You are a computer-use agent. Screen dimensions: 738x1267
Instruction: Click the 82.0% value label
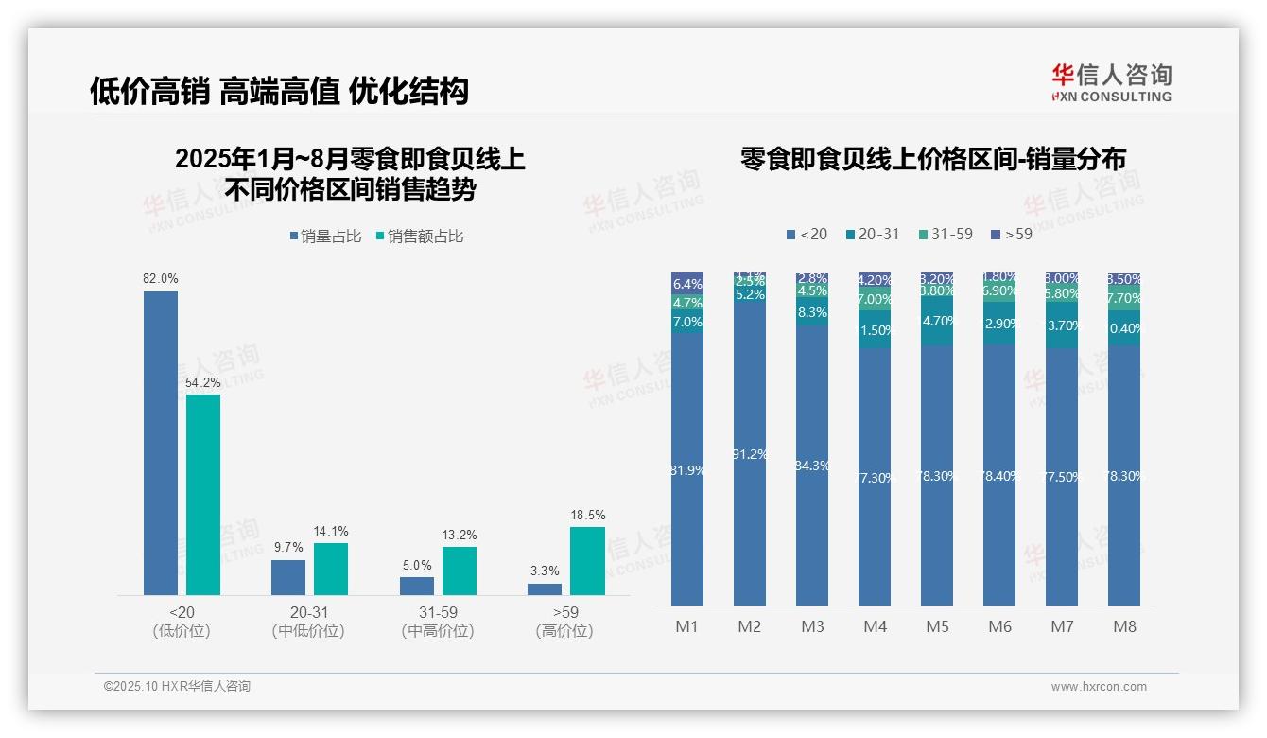(160, 279)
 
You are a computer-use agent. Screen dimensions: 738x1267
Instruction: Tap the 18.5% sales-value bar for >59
(586, 560)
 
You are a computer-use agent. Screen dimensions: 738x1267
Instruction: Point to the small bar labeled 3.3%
(544, 589)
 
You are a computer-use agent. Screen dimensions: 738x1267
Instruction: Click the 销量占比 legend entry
(325, 237)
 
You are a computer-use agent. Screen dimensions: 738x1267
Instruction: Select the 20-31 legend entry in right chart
(873, 234)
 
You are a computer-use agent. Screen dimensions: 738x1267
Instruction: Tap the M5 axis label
(937, 626)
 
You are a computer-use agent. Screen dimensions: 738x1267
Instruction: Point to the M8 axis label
(1124, 626)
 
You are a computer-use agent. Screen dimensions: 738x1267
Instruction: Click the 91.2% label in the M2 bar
(750, 454)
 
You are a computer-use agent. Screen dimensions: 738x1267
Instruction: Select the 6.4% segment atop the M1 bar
(687, 284)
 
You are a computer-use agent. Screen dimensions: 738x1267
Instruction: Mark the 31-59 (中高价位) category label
(437, 622)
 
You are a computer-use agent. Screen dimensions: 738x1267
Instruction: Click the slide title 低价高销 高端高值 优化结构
(279, 92)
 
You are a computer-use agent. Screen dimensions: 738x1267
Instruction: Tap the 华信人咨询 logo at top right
(1111, 81)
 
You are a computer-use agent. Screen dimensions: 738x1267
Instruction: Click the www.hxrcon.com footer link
(1099, 687)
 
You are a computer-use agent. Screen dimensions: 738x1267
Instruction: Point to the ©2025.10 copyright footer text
(177, 687)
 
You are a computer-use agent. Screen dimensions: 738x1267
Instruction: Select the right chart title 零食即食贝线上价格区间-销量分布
(932, 159)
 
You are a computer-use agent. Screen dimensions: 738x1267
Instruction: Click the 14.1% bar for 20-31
(331, 569)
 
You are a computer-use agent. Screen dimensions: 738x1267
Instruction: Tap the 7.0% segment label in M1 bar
(687, 322)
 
